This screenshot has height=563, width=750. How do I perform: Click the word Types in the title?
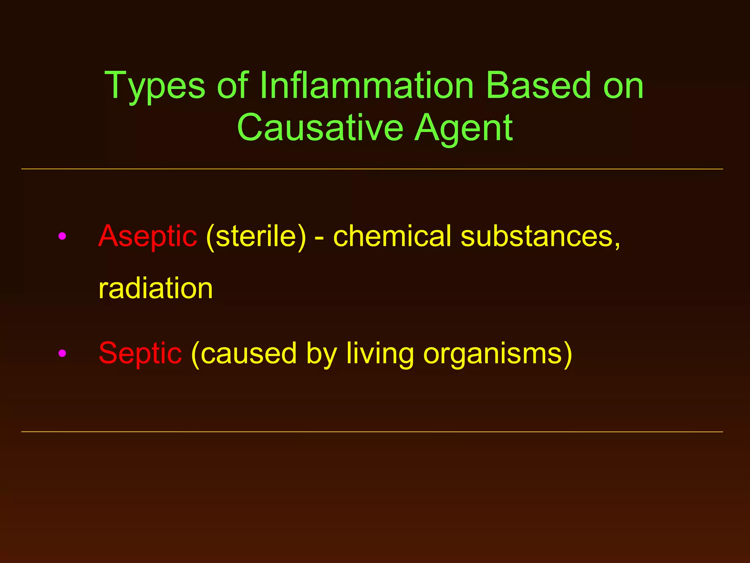(x=155, y=87)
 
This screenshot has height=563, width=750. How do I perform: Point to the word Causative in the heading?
(x=320, y=128)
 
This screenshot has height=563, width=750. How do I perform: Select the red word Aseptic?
(x=148, y=237)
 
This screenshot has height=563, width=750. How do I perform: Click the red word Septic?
(x=140, y=353)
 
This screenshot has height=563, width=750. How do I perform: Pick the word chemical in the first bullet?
(x=392, y=236)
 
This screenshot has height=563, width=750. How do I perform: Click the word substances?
(x=540, y=237)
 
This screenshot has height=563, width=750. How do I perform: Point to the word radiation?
(x=156, y=288)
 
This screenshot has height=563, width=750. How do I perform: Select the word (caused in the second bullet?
(x=244, y=353)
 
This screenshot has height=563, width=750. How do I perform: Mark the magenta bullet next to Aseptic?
(x=62, y=236)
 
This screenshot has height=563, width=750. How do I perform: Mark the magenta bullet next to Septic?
(x=62, y=353)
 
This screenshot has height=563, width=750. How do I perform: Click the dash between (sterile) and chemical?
(x=319, y=238)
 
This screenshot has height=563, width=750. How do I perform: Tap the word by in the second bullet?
(x=321, y=354)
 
